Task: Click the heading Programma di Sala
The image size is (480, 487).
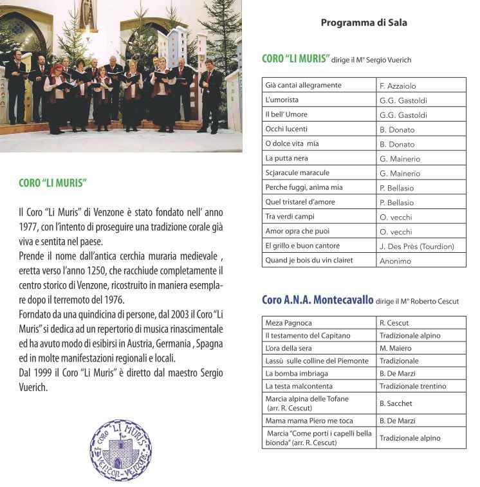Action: [x=364, y=23]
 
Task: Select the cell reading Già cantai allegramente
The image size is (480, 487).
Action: [x=303, y=85]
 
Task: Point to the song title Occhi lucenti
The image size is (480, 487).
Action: [x=288, y=129]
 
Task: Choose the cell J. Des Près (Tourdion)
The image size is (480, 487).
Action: [x=416, y=246]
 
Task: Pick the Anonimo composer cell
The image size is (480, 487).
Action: [x=396, y=261]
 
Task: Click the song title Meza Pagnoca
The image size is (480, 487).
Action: [x=288, y=322]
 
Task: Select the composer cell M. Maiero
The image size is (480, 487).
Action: [x=395, y=348]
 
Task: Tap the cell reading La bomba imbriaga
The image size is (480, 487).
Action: [x=297, y=373]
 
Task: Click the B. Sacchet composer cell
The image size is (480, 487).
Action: [x=396, y=403]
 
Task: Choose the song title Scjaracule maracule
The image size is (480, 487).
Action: [x=297, y=173]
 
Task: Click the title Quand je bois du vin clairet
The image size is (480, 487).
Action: [x=309, y=261]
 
